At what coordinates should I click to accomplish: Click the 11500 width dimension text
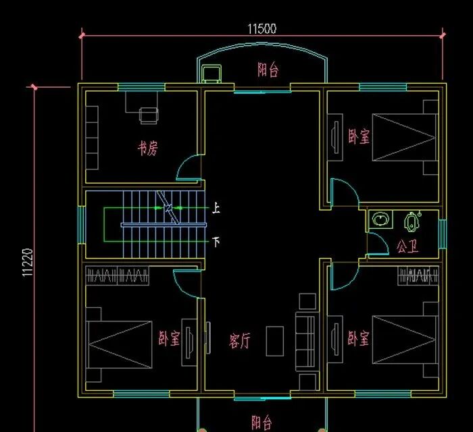[x=262, y=29]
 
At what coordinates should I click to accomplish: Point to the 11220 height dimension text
[x=27, y=263]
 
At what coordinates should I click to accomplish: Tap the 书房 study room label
[x=148, y=148]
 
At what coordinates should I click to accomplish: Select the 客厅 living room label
[x=239, y=341]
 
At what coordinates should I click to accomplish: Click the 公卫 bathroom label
[x=407, y=246]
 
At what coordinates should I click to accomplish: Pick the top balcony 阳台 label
[x=268, y=70]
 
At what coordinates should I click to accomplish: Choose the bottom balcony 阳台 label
[x=262, y=422]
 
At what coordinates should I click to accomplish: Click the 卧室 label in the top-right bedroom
[x=359, y=136]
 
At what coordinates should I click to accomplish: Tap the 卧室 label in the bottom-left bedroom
[x=169, y=338]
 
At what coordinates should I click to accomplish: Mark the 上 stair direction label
[x=216, y=208]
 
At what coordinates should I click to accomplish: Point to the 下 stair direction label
[x=216, y=242]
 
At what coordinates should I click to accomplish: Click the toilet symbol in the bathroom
[x=412, y=221]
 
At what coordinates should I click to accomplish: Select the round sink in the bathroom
[x=380, y=219]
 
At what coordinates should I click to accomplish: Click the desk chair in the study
[x=149, y=115]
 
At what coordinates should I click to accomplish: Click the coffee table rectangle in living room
[x=275, y=341]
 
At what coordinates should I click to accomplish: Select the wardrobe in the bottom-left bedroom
[x=118, y=275]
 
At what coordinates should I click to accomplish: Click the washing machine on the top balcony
[x=211, y=74]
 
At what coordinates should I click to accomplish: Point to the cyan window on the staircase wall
[x=82, y=224]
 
